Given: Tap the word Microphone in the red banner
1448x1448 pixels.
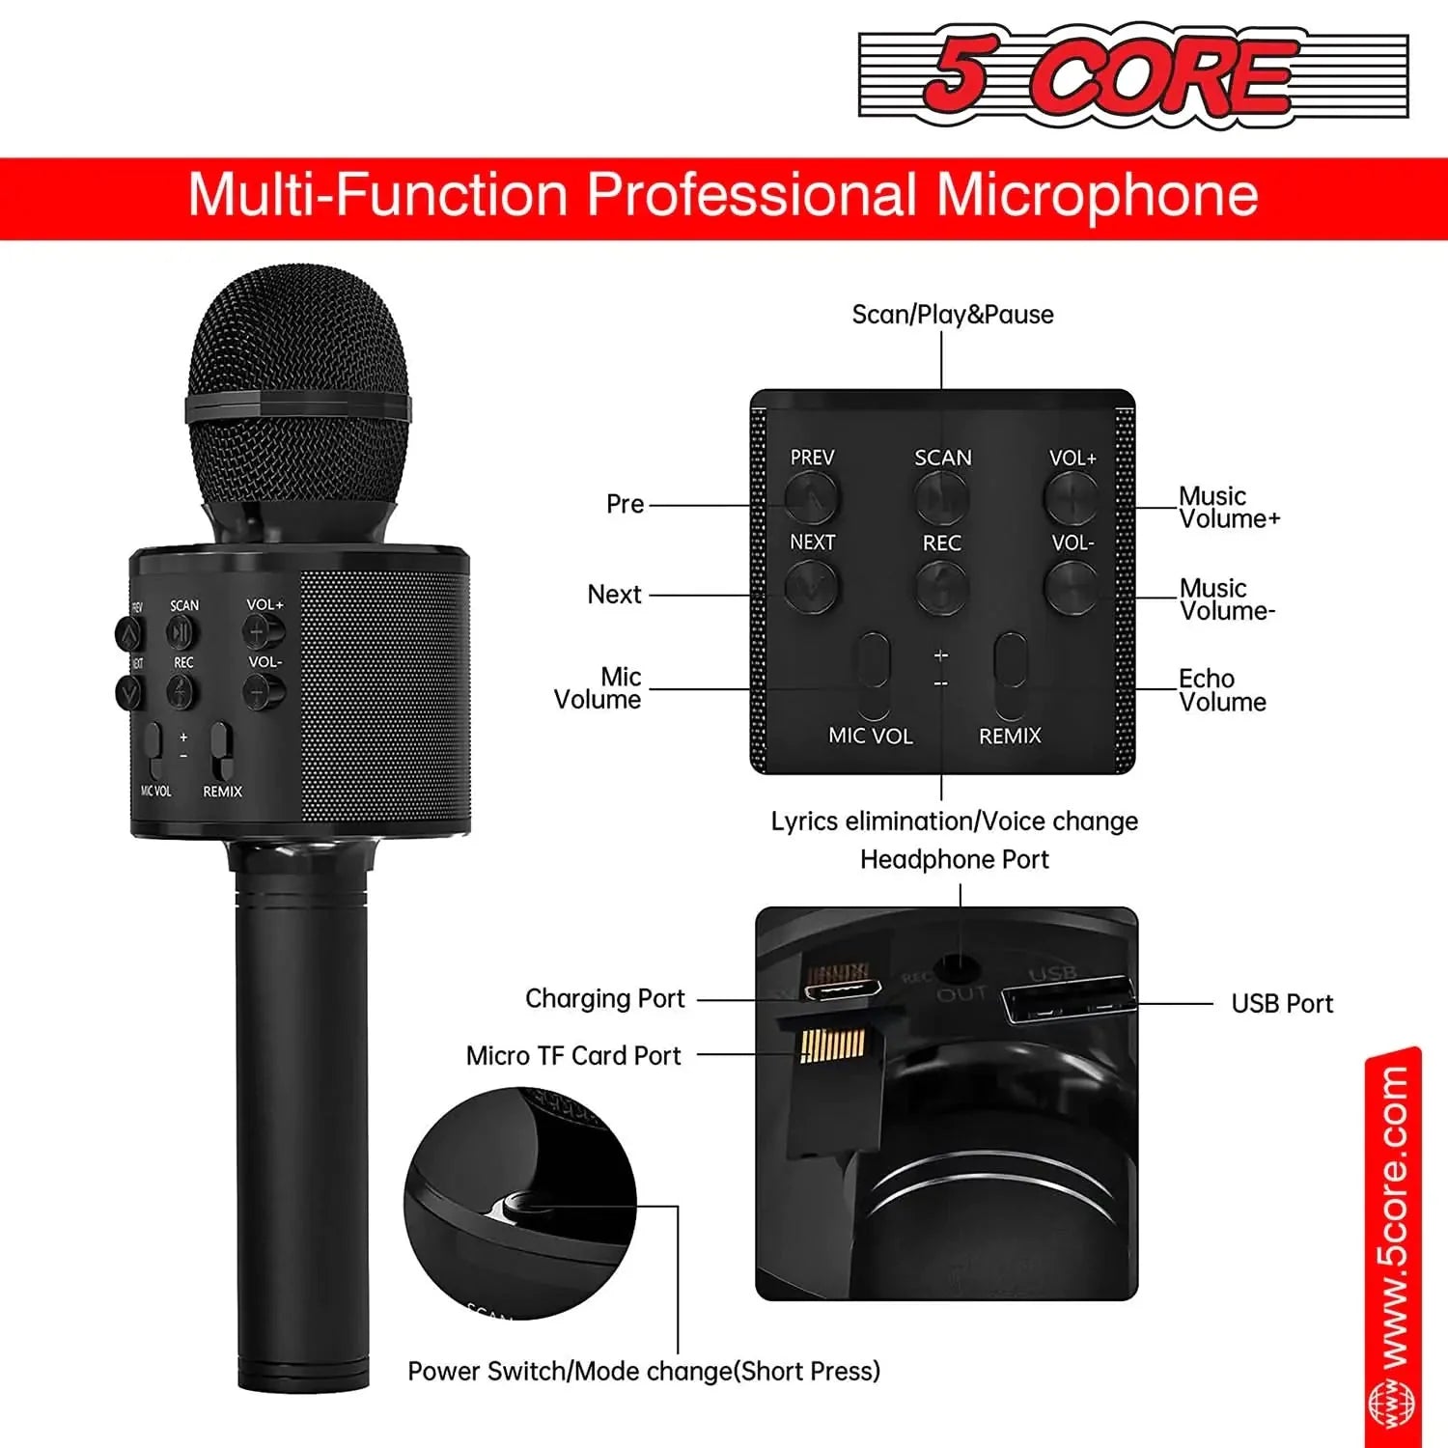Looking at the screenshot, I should point(1097,195).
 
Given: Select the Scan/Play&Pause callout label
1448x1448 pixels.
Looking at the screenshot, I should point(952,315).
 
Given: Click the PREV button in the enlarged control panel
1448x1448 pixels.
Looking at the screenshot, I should point(811,498).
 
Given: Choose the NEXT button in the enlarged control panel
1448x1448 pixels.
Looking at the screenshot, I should point(811,585).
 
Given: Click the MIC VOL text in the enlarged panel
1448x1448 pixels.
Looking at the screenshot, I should point(870,736).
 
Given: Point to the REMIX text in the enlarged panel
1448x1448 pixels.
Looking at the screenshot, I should point(1010,736).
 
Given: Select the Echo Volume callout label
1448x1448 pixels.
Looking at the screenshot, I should point(1221,690).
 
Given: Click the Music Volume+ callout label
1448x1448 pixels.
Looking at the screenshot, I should point(1228,508).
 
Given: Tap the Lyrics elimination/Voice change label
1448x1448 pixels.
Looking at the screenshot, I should point(954,821).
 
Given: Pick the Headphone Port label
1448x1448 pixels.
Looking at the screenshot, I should point(954,859).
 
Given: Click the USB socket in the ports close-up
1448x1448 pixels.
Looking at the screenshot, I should point(1068,1000).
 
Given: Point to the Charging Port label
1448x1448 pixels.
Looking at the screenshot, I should point(604,998).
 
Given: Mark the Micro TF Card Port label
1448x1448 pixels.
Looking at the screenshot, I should point(573,1055).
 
